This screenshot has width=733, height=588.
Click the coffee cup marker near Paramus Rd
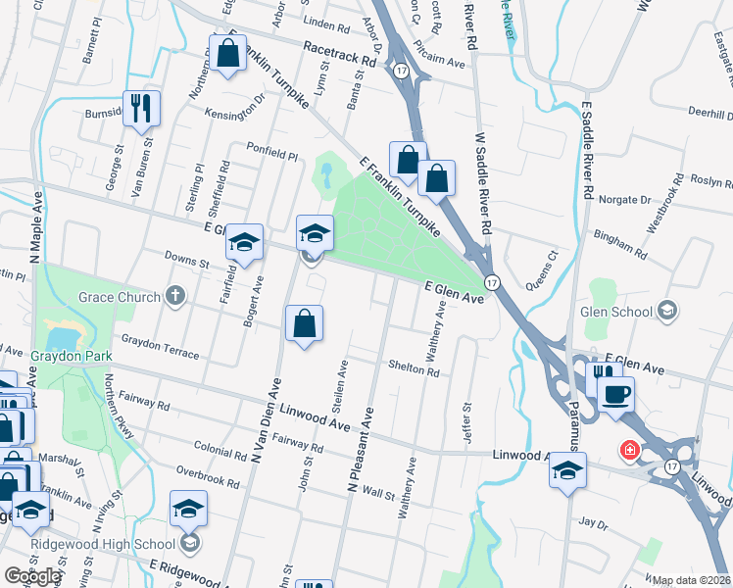click(614, 395)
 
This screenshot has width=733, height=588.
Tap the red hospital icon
click(628, 451)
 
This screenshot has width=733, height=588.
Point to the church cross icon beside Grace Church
click(174, 295)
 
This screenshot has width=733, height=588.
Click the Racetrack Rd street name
click(340, 59)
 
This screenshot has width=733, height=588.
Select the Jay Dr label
click(594, 523)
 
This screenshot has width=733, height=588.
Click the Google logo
click(32, 576)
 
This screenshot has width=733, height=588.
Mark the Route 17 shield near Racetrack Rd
click(402, 70)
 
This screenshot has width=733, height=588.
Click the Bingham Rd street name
click(620, 245)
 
